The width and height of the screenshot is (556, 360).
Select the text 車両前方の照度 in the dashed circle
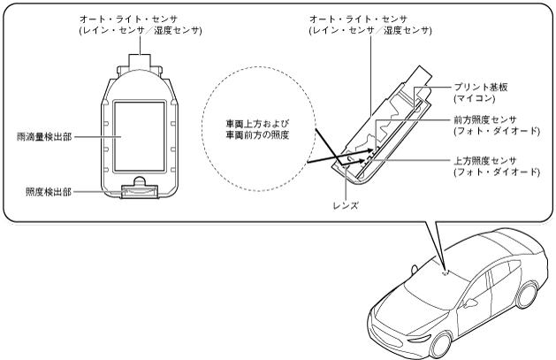pyautogui.click(x=255, y=137)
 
